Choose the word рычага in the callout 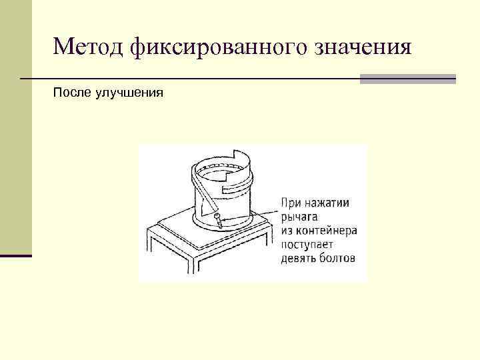pos(300,217)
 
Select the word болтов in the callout pos(337,258)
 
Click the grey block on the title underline pos(407,79)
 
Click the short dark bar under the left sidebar pos(16,255)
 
